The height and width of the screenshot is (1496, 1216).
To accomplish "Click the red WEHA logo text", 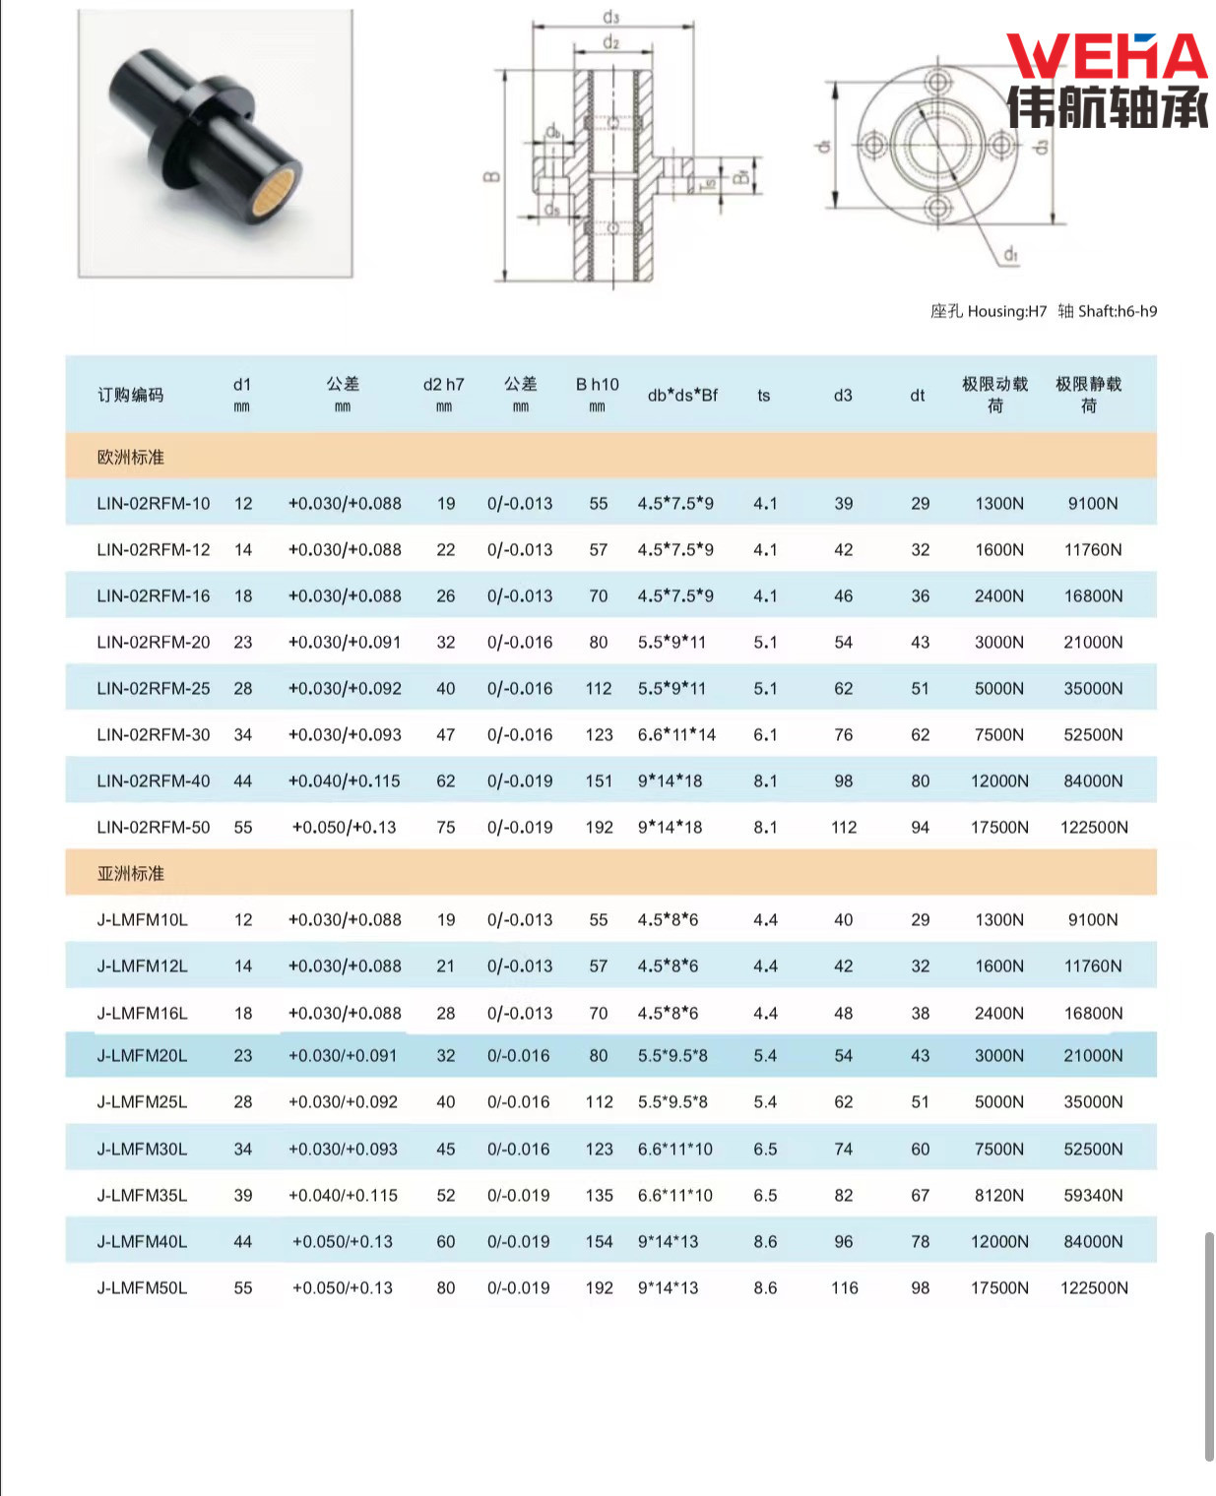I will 1107,57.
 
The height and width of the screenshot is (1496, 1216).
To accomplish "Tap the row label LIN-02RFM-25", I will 154,689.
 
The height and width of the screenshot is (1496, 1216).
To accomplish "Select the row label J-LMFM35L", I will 142,1196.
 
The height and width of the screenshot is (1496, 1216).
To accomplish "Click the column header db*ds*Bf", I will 682,396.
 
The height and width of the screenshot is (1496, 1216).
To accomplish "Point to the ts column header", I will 764,396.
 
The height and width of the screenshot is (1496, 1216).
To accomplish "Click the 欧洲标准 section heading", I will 131,458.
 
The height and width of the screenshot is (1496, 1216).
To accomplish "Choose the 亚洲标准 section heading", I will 131,874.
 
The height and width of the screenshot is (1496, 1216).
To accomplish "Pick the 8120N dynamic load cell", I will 999,1196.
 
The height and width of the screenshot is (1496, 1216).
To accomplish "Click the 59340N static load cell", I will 1093,1196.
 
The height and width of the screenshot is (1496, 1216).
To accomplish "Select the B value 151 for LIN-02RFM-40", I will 599,781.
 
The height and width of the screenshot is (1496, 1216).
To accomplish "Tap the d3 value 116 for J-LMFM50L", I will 844,1288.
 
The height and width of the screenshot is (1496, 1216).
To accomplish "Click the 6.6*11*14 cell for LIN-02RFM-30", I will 676,735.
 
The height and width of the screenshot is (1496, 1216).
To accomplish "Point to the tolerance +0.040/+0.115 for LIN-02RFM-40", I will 345,781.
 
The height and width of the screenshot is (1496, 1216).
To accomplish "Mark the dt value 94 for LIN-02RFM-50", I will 920,828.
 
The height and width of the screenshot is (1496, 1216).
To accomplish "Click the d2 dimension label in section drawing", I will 611,42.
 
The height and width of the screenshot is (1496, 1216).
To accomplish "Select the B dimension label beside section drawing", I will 491,178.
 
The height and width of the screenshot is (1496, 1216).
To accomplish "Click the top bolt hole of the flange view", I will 936,81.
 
